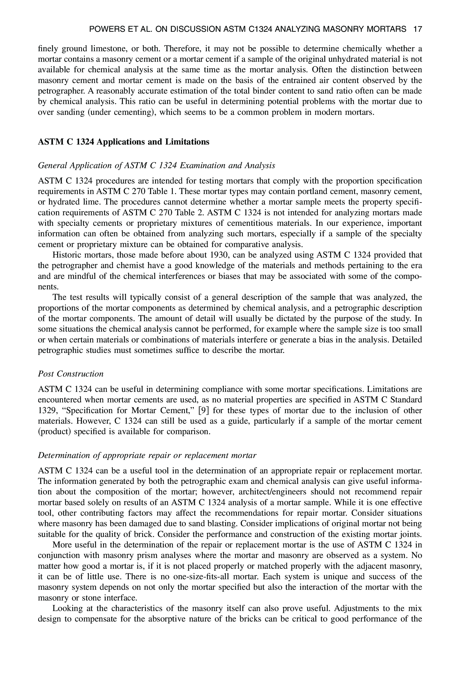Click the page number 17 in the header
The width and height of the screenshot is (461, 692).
pyautogui.click(x=417, y=29)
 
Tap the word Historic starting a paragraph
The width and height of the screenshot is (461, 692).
pyautogui.click(x=67, y=255)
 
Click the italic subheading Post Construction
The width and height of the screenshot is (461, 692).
pyautogui.click(x=71, y=374)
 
